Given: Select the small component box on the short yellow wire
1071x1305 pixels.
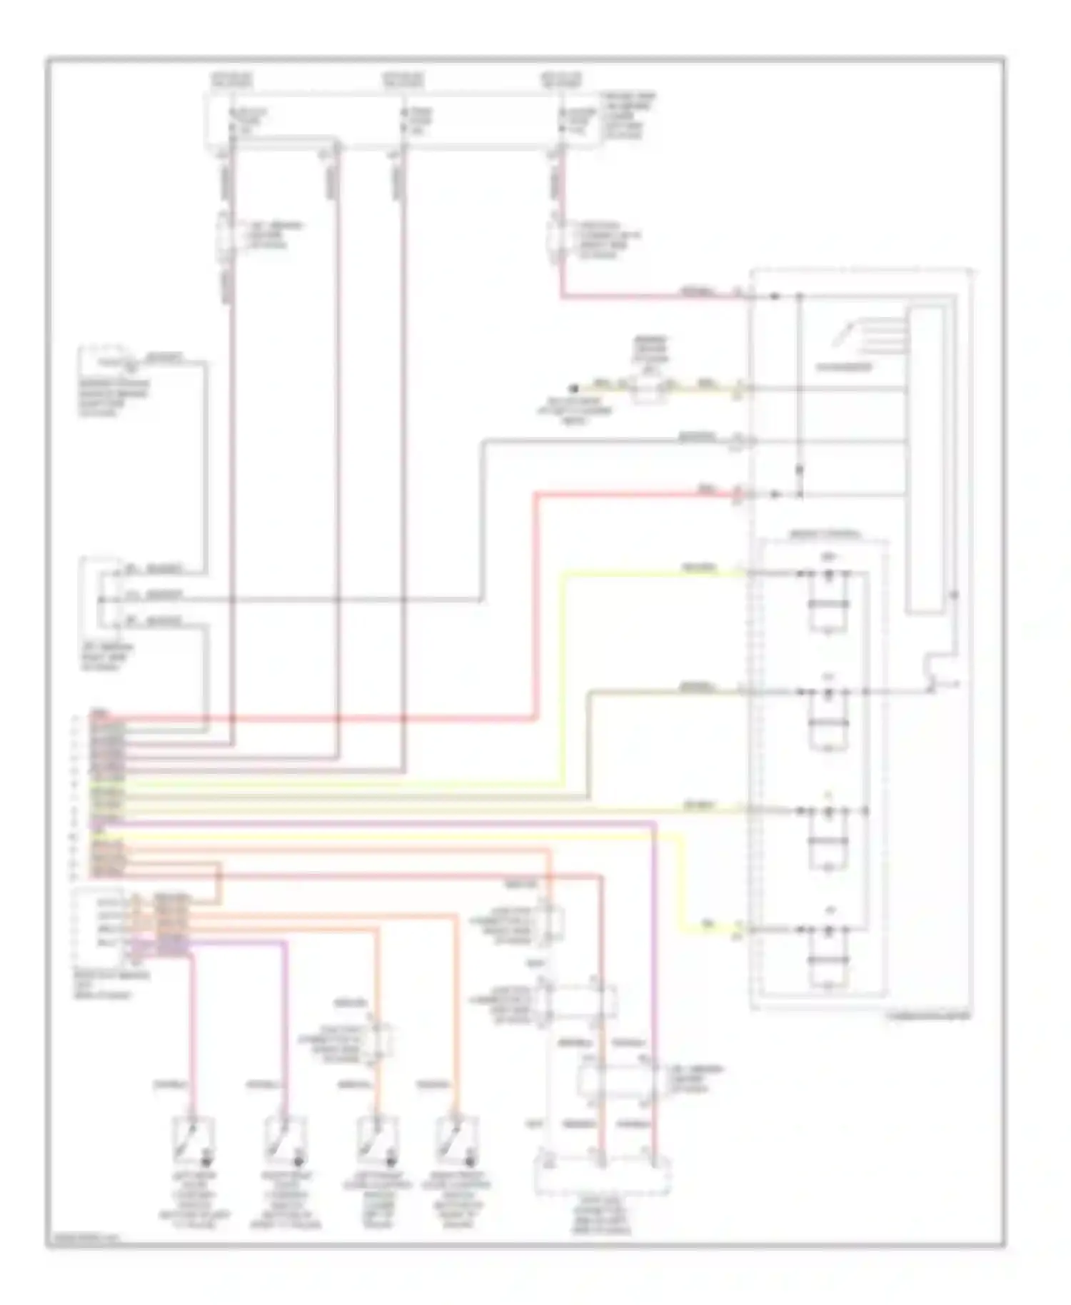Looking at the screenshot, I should tap(646, 390).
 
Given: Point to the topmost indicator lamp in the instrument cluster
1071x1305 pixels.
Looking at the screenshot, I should tap(828, 574).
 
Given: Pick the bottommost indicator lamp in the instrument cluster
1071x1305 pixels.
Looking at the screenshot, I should tap(828, 930).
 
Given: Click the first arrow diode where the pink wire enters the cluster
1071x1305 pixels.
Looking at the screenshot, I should tap(774, 296).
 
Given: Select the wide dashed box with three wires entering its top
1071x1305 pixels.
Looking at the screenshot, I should tap(602, 1175).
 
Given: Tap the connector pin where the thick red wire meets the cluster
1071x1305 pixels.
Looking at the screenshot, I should tap(739, 493).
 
